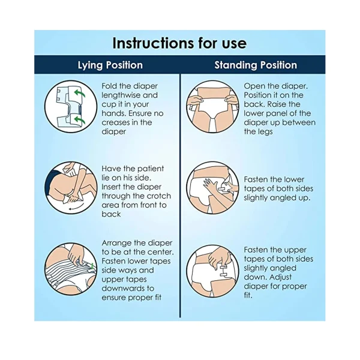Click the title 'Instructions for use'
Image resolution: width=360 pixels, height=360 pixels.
pos(179,43)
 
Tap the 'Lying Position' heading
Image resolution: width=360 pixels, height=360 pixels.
pos(110,65)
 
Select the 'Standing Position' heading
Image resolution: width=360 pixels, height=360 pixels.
pos(256,65)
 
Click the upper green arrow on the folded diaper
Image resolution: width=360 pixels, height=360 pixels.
pos(79,94)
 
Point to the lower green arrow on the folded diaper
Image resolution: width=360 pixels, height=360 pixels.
pos(79,120)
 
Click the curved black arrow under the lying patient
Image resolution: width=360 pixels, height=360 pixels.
pos(76,207)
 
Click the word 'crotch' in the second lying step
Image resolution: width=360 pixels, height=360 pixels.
pos(158,196)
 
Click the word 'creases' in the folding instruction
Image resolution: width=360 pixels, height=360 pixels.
pos(115,122)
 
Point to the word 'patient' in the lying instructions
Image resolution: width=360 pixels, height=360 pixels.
pos(151,169)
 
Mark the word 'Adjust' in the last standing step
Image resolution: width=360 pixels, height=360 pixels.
pos(280,277)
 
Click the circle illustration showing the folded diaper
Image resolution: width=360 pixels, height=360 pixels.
pos(71,107)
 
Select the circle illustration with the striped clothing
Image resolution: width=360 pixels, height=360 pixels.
pos(71,269)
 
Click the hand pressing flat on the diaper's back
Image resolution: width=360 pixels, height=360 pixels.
pos(210,185)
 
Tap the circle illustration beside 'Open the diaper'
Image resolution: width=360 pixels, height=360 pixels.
pos(212,107)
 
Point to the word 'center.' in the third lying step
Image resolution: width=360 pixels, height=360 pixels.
pos(160,252)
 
